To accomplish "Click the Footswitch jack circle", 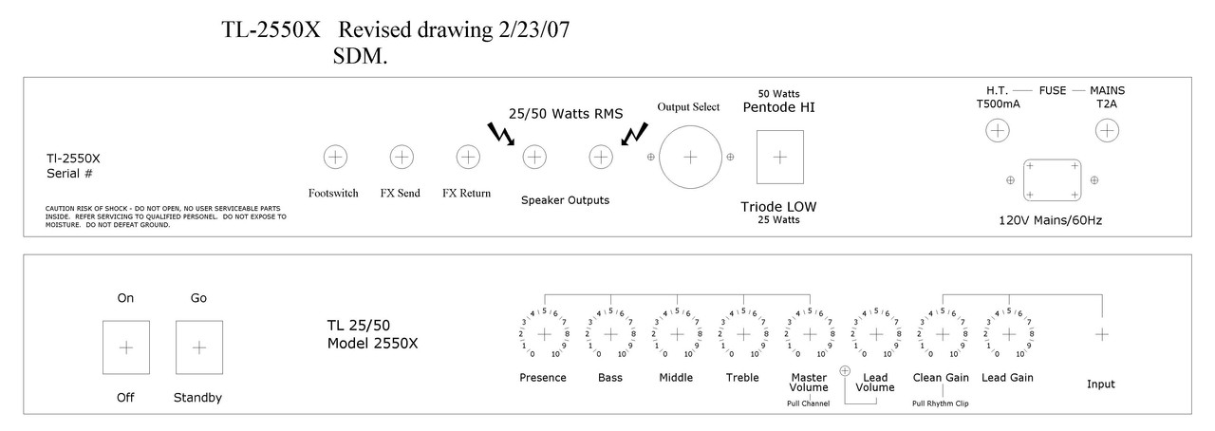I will tap(335, 156).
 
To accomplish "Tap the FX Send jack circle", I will tap(402, 156).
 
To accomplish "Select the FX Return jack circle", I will tap(467, 156).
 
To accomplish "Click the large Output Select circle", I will tap(689, 157).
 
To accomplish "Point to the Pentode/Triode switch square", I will tap(780, 157).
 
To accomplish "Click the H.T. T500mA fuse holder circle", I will tap(997, 132).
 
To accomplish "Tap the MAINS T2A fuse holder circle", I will tap(1107, 132).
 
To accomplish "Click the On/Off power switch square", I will tap(125, 347).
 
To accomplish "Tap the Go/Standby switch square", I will tap(198, 347).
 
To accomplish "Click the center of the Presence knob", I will tap(544, 334).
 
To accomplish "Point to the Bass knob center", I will tap(610, 334).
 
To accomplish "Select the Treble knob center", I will tap(742, 334).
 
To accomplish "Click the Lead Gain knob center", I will tap(1008, 334).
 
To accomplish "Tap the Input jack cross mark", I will tap(1101, 334).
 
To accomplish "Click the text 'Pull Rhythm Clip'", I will tap(942, 403).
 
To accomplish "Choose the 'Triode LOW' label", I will tap(778, 206).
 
